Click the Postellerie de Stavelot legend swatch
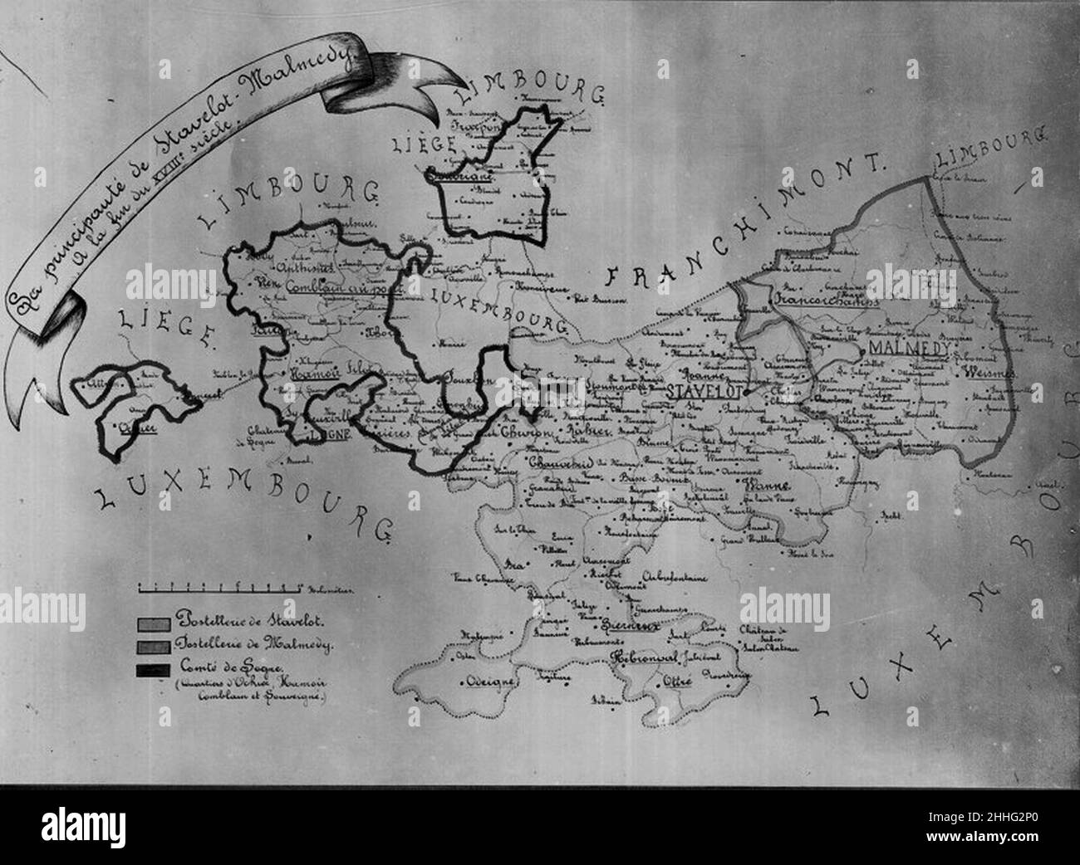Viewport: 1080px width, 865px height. pyautogui.click(x=155, y=621)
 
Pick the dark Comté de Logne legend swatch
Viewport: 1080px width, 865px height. pyautogui.click(x=155, y=669)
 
